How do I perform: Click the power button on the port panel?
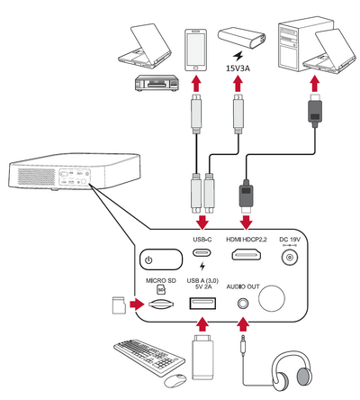tap(161, 259)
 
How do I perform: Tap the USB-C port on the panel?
tap(202, 253)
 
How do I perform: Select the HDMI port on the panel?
tap(246, 255)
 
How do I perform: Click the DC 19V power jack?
tap(290, 258)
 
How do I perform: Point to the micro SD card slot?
tap(161, 305)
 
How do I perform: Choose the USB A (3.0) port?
tap(202, 303)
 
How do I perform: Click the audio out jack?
tap(243, 304)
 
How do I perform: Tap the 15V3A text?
tap(238, 68)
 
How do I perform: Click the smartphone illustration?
tap(195, 50)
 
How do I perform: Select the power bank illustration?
tap(241, 38)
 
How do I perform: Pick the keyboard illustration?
tap(149, 357)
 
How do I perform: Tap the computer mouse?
tap(175, 381)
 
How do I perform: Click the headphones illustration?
tap(292, 371)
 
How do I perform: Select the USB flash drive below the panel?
tap(202, 357)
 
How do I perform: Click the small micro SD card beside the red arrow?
tap(119, 305)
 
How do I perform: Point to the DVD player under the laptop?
tap(157, 83)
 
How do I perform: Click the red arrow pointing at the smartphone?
tap(196, 84)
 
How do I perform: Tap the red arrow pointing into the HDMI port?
tap(246, 223)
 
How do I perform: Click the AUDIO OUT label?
tap(243, 286)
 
